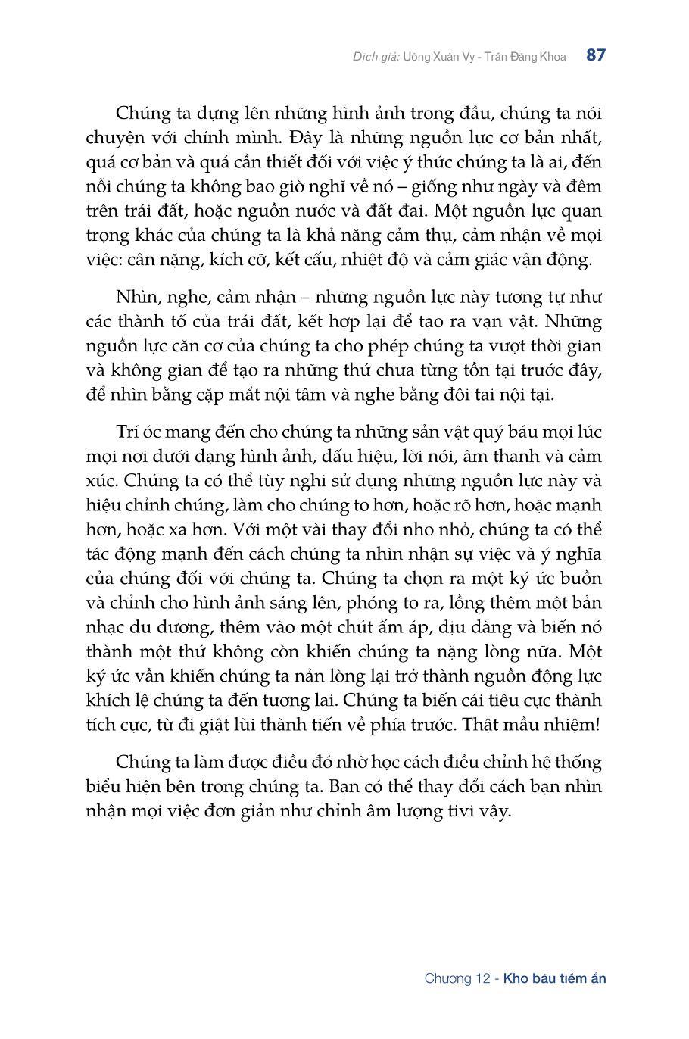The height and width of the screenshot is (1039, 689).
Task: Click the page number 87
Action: (x=595, y=55)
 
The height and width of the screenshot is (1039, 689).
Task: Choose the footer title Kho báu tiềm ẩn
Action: (x=555, y=978)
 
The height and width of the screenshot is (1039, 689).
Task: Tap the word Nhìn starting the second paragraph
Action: (x=137, y=297)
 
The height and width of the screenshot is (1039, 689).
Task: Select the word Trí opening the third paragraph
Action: (x=129, y=432)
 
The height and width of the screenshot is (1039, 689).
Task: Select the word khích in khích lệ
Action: (x=108, y=700)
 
